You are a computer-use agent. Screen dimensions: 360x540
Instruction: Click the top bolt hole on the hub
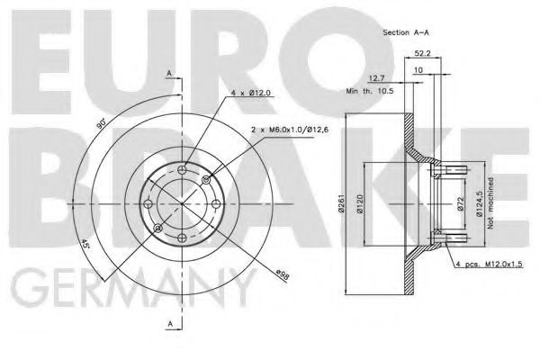pos(184,170)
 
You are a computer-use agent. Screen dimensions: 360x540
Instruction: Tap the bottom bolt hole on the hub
pos(184,238)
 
